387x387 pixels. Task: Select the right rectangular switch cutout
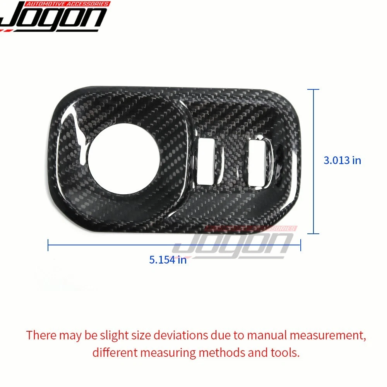[x=257, y=163]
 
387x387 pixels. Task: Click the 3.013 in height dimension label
[x=342, y=161]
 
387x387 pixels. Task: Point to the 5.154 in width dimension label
[x=168, y=260]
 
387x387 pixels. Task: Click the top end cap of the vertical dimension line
[x=313, y=89]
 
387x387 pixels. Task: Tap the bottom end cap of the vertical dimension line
[x=313, y=233]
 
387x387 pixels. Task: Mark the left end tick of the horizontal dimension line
[x=48, y=245]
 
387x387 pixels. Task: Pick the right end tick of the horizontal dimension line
[x=300, y=245]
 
